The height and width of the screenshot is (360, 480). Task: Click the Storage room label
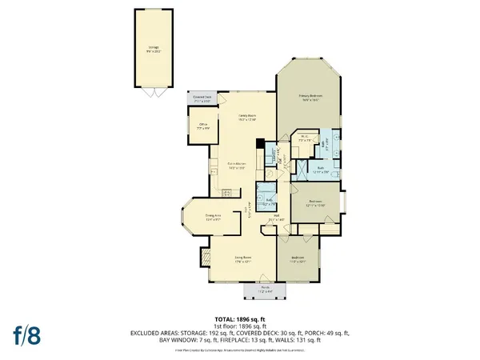(x=152, y=49)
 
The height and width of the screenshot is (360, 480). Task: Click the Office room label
(x=203, y=126)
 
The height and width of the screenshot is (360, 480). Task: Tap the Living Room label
(x=231, y=258)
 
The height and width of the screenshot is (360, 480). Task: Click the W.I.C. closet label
(x=305, y=138)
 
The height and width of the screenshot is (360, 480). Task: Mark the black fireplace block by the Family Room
(x=259, y=144)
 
